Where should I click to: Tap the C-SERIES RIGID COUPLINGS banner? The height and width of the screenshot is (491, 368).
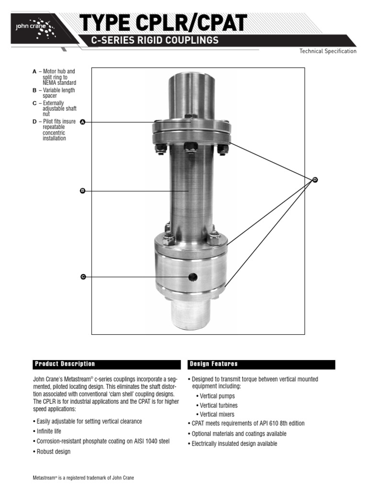click(155, 40)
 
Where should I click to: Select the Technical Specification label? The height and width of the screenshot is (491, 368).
click(328, 51)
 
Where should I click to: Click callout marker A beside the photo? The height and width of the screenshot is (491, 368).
click(82, 122)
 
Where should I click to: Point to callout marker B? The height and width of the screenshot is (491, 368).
click(82, 191)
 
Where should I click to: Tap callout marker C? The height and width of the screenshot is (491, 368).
click(82, 277)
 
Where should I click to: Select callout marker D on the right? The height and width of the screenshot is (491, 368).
click(315, 180)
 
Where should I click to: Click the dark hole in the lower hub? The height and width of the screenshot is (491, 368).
click(193, 277)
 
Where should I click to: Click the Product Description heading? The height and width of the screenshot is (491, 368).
click(65, 364)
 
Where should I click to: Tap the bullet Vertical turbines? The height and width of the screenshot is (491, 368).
click(218, 405)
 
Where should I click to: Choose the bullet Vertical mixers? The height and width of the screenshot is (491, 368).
click(217, 414)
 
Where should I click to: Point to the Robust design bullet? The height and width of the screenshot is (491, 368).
click(51, 452)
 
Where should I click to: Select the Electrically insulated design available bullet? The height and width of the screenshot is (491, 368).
click(233, 444)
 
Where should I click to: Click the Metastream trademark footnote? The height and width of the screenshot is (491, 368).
click(83, 479)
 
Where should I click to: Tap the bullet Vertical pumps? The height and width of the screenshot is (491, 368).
click(217, 396)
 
